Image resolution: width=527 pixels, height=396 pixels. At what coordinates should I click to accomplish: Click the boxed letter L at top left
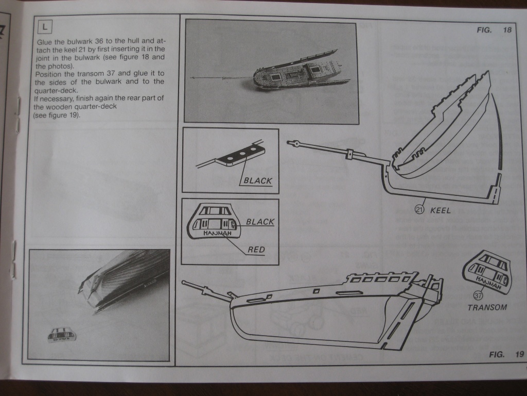click(x=44, y=25)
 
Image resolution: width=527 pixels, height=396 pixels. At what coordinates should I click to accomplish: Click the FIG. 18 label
click(x=494, y=30)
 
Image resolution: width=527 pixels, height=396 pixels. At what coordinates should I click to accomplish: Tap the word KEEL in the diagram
click(x=440, y=210)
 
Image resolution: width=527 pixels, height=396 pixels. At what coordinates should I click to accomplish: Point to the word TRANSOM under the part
click(x=487, y=307)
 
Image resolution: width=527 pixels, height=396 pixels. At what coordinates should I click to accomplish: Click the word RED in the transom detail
click(x=256, y=250)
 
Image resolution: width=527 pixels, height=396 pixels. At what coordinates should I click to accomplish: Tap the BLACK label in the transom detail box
click(x=260, y=222)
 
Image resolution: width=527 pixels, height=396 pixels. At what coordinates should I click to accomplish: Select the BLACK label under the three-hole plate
click(x=258, y=181)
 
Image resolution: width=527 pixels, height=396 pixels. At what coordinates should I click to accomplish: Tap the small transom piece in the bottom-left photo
click(x=62, y=335)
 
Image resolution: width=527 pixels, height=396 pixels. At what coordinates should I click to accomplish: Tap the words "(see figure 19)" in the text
click(x=57, y=115)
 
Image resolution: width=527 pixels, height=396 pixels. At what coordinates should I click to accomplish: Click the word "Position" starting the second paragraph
click(x=51, y=74)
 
